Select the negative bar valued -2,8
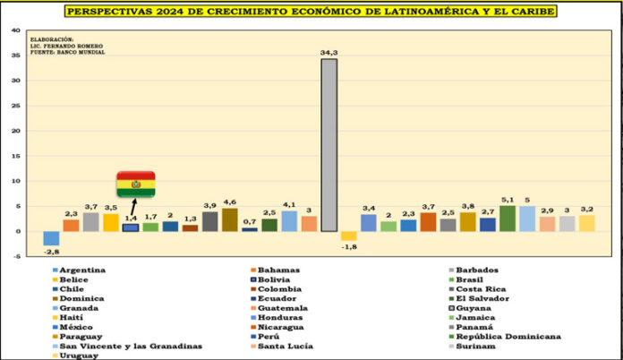pos(52,238)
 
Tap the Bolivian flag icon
pos(135,184)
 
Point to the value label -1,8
pos(349,248)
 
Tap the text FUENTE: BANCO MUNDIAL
pos(67,52)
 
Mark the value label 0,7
pos(250,222)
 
